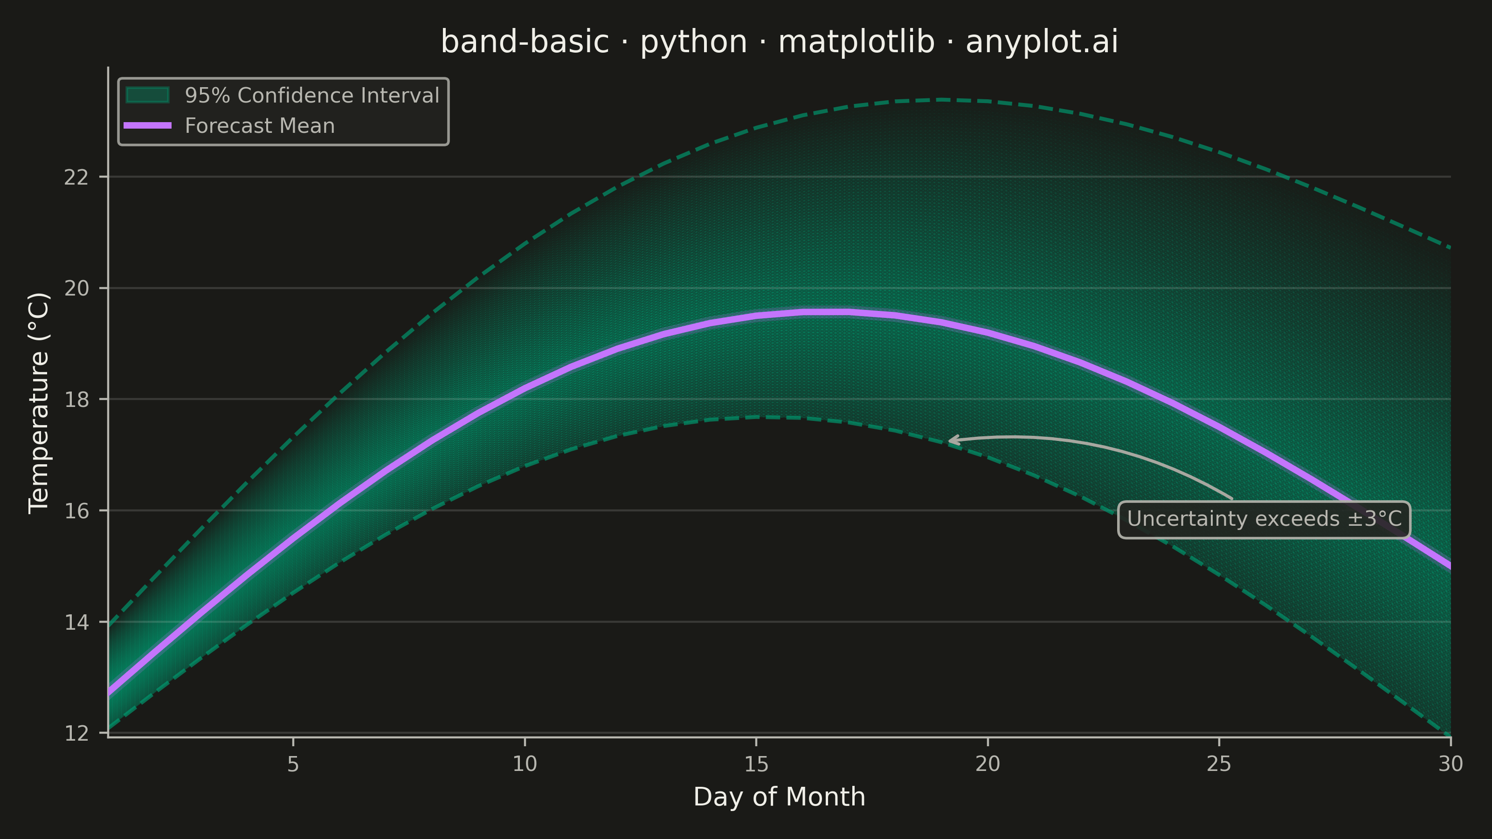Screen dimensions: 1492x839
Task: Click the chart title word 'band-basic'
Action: coord(525,41)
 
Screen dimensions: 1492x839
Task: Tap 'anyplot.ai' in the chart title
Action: coord(1042,41)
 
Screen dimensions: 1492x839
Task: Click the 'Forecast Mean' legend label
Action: coord(260,126)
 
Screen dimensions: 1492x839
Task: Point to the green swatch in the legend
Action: coord(148,95)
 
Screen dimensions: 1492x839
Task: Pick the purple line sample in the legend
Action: coord(148,126)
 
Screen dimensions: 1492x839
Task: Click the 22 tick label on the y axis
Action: coord(76,177)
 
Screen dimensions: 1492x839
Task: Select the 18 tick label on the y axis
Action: coord(76,399)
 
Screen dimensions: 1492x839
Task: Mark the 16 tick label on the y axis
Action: coord(76,511)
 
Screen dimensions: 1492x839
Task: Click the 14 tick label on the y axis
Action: coord(76,622)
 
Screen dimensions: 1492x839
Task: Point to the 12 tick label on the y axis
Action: coord(76,734)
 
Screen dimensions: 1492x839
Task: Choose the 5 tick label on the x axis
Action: coord(293,764)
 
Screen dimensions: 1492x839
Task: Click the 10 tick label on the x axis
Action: coord(525,764)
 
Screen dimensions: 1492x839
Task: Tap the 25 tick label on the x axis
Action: coord(1219,764)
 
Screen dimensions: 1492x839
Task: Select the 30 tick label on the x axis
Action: coord(1451,764)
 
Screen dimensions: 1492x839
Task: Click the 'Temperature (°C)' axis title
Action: coord(39,403)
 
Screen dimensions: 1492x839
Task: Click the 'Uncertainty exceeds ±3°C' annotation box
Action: coord(1264,519)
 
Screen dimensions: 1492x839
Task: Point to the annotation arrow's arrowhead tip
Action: coord(949,440)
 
